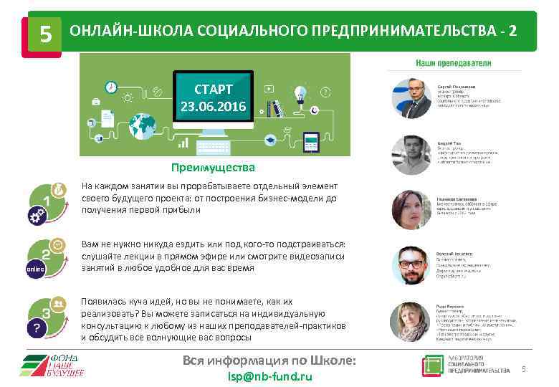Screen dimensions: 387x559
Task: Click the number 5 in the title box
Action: coord(45,33)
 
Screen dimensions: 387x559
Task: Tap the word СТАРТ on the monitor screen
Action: coord(213,90)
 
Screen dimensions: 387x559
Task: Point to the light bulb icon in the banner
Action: coord(300,93)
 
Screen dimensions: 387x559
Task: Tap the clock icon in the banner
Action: coord(110,87)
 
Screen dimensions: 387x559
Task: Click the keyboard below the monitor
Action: coord(213,144)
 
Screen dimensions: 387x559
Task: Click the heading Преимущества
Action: coord(213,168)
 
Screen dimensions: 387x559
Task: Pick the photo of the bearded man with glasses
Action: coord(411,266)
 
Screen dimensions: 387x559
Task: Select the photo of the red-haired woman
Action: coord(411,210)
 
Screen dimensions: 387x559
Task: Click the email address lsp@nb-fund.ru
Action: coord(269,376)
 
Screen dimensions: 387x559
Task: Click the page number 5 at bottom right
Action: coord(523,369)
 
